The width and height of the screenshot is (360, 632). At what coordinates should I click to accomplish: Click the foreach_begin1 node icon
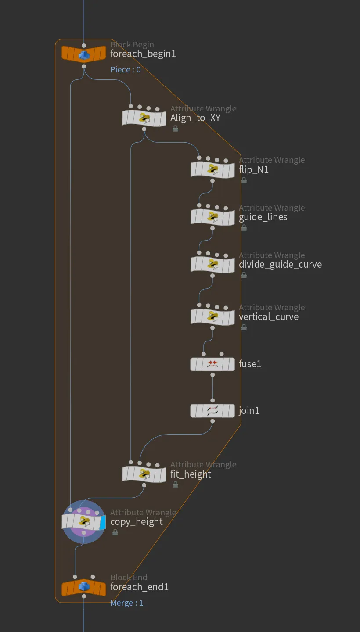coord(84,54)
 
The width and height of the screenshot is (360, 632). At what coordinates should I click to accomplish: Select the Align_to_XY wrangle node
coord(144,118)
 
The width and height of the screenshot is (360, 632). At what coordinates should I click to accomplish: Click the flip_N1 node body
coord(212,169)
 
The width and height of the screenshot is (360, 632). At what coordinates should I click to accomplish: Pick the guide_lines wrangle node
coord(212,217)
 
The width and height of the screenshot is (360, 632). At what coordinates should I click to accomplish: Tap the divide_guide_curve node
coord(212,264)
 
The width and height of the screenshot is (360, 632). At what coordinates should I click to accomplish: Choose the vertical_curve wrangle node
coord(212,316)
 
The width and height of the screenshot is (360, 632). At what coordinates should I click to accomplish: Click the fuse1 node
coord(212,364)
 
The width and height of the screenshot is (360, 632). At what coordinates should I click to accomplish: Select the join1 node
coord(212,410)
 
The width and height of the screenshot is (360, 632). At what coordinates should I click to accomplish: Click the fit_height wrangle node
coord(144,474)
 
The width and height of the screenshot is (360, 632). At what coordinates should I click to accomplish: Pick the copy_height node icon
coord(84,522)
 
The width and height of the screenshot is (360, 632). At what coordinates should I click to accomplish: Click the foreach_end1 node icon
coord(84,587)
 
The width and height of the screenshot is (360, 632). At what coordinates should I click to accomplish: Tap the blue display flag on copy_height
coord(103,522)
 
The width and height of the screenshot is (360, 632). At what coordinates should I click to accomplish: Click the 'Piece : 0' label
coord(126,70)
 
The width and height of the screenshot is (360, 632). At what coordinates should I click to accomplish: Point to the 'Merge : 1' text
coord(127,603)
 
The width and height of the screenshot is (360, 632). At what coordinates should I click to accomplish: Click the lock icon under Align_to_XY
coord(175,129)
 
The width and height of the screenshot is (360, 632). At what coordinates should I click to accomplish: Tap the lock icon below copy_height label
coord(115,532)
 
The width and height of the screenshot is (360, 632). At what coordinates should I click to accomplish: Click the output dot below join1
coord(212,421)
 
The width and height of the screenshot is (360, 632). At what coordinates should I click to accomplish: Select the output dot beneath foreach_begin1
coord(84,67)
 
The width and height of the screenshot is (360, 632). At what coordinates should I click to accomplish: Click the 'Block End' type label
coord(129,577)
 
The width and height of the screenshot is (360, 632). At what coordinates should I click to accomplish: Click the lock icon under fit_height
coord(175,485)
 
